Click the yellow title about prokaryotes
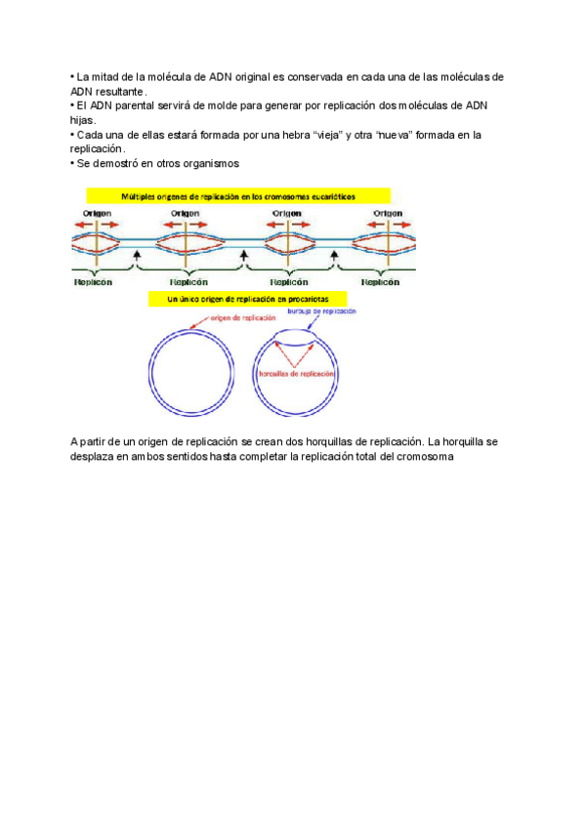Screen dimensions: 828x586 click(x=252, y=297)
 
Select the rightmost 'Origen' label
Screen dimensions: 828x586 click(x=388, y=212)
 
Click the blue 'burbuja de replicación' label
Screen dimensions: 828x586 click(x=321, y=311)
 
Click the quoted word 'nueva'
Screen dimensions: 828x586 click(x=396, y=135)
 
